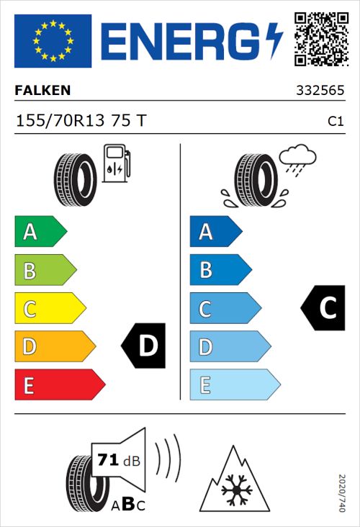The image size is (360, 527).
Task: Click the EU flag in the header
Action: tap(53, 40)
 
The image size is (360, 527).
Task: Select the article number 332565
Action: tap(320, 91)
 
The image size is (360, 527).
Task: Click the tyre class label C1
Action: tap(335, 122)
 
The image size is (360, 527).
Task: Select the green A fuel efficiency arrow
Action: tap(40, 232)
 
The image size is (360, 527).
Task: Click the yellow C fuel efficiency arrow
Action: tap(49, 308)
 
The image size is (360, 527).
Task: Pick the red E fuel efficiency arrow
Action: tap(59, 385)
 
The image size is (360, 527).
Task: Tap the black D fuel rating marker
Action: tap(144, 346)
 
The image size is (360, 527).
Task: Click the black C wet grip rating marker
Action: tap(323, 308)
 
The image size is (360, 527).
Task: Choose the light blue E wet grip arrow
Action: tap(234, 385)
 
